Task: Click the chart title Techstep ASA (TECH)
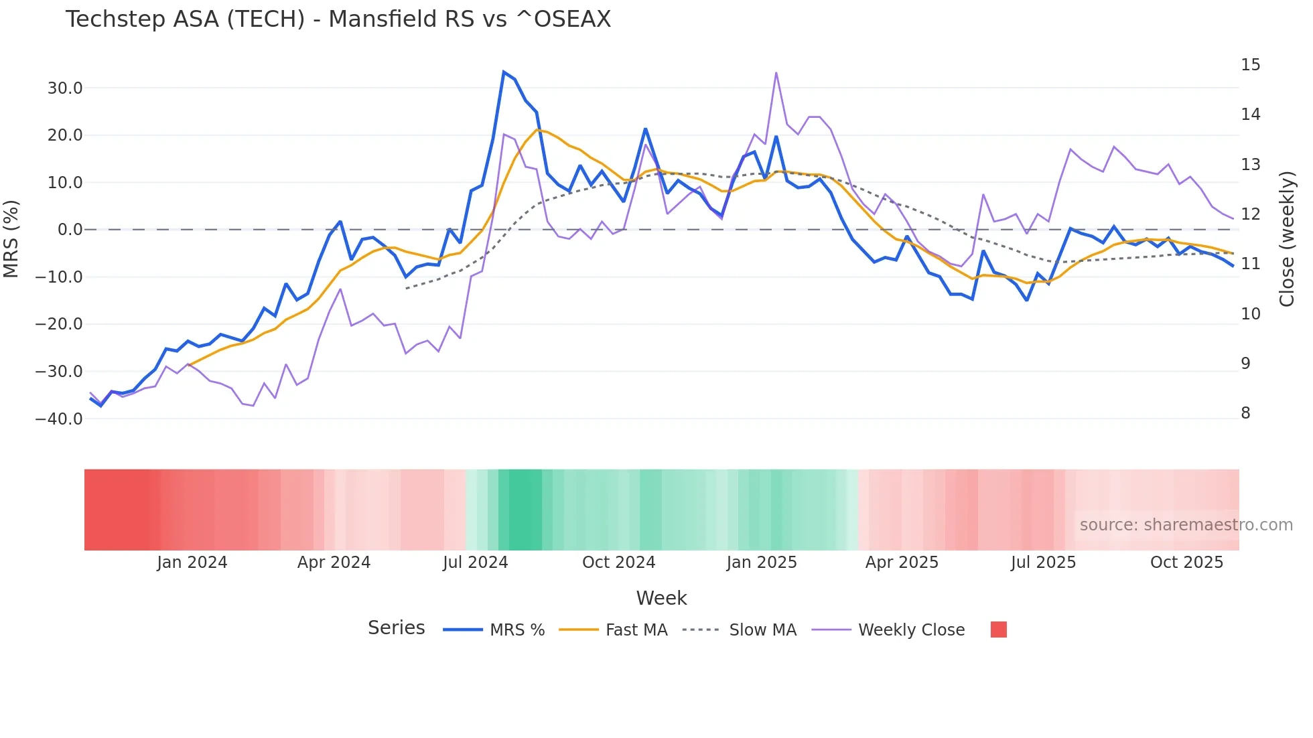tap(338, 19)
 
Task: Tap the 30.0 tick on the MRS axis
tap(65, 88)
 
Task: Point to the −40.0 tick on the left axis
tap(59, 419)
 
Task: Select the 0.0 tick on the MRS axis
tap(70, 230)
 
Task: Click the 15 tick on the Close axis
tap(1250, 65)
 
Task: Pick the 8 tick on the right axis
tap(1245, 413)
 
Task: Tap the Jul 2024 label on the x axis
tap(475, 563)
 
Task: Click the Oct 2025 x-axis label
tap(1186, 563)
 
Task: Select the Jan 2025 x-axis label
tap(761, 563)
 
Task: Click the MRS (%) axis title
tap(11, 238)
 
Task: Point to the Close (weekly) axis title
tap(1287, 238)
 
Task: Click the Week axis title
tap(661, 598)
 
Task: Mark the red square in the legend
tap(998, 630)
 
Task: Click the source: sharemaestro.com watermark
tap(1186, 525)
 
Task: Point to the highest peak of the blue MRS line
tap(504, 72)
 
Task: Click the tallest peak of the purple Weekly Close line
tap(776, 72)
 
